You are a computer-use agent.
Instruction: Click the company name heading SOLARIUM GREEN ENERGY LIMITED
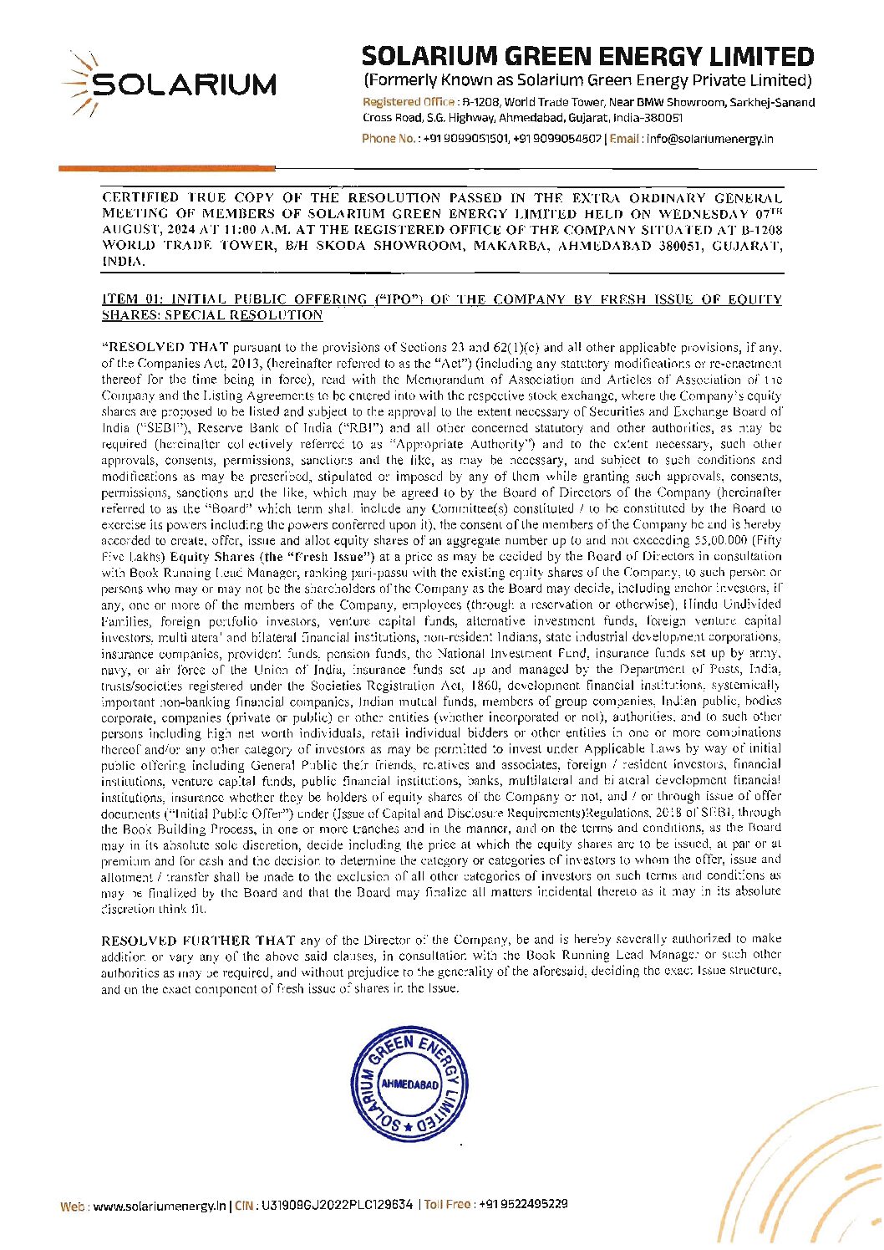coord(587,57)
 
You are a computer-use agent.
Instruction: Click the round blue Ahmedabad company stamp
coord(409,1084)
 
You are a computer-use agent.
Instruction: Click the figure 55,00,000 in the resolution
coord(713,541)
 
